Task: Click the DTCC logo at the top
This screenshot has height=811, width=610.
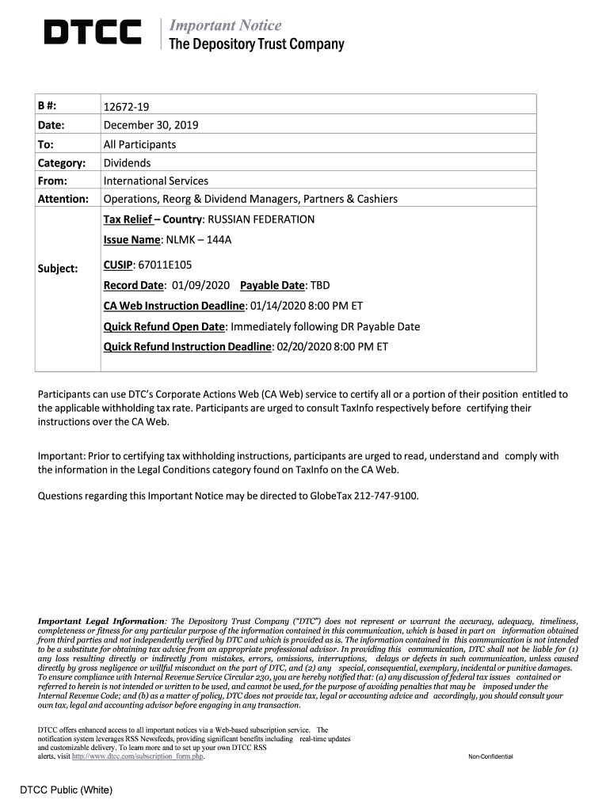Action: [92, 33]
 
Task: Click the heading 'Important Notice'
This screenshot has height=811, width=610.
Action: [226, 25]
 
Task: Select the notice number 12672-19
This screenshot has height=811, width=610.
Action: [127, 107]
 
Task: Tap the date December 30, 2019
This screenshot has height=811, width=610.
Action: [151, 125]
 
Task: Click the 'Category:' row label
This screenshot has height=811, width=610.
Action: [62, 162]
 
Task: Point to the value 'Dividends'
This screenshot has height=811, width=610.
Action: [127, 162]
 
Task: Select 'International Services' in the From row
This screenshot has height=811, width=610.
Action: [156, 181]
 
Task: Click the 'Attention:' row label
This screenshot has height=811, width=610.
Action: [63, 199]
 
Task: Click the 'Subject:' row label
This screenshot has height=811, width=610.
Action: [58, 268]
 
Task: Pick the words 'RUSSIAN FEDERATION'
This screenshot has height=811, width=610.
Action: [261, 219]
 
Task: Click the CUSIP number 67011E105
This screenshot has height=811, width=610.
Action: [165, 265]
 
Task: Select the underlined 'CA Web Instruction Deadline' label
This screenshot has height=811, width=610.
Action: [174, 306]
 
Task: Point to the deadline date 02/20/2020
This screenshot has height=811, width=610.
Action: [304, 346]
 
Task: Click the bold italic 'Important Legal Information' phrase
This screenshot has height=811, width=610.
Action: [102, 621]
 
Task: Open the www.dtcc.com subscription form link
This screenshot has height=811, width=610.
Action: [138, 757]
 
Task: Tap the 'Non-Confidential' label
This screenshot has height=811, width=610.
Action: [490, 757]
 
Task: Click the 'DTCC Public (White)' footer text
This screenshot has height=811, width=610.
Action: [67, 790]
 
